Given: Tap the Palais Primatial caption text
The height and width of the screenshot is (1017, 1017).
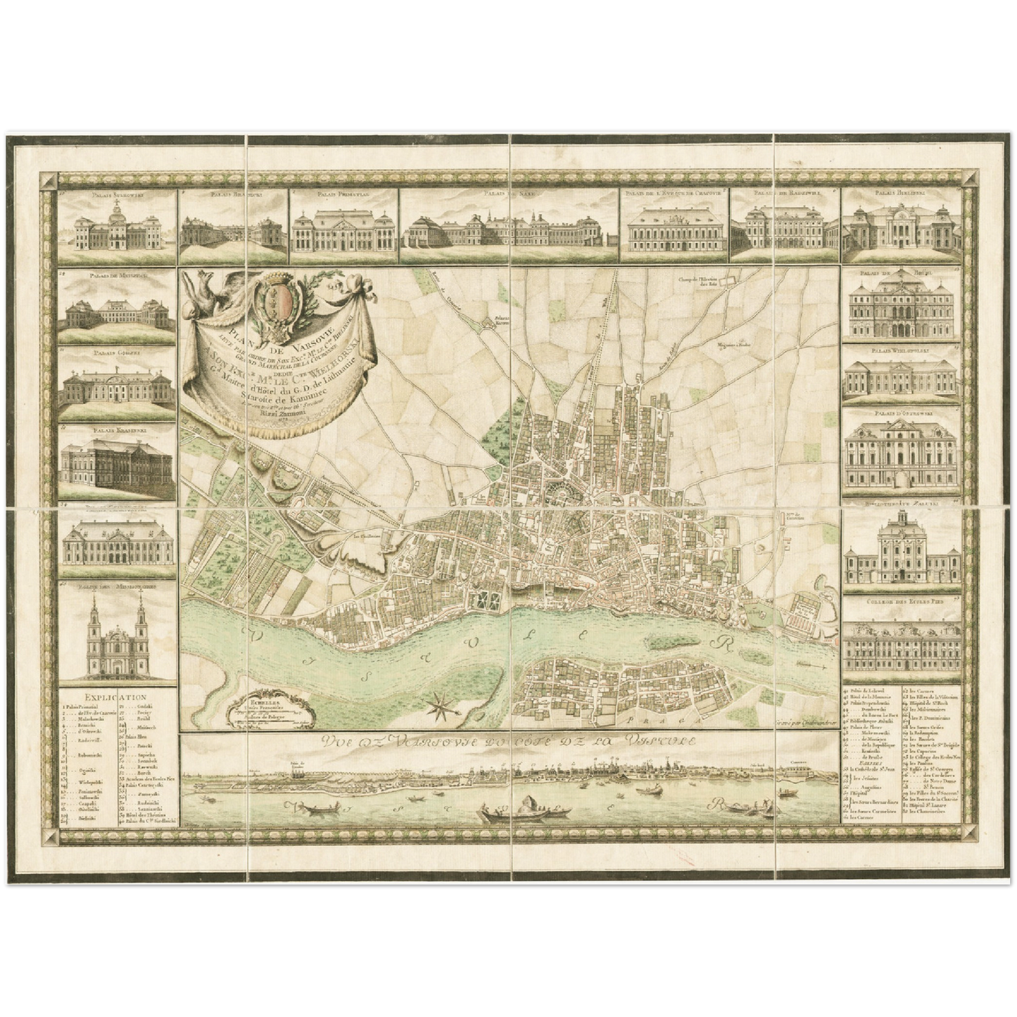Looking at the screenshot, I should click(346, 192).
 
